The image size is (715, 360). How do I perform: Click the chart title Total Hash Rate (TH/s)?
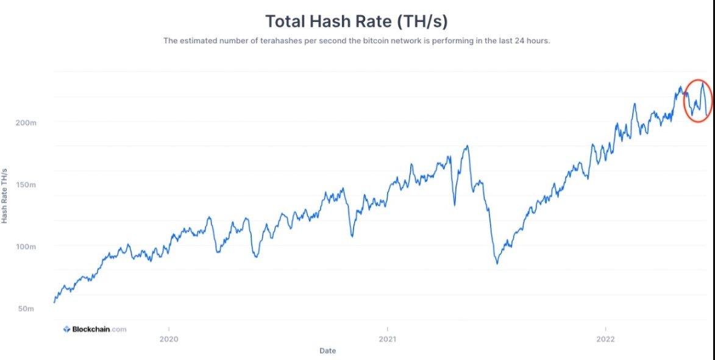pyautogui.click(x=357, y=21)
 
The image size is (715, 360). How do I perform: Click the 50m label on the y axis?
pyautogui.click(x=26, y=309)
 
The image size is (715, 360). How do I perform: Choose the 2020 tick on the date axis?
pyautogui.click(x=169, y=339)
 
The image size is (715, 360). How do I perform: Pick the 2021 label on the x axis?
pyautogui.click(x=387, y=339)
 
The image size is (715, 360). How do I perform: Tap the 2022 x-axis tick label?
pyautogui.click(x=605, y=339)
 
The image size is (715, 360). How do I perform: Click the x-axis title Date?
pyautogui.click(x=327, y=351)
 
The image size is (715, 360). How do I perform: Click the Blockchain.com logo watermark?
pyautogui.click(x=95, y=330)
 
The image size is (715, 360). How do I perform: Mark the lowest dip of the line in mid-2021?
pyautogui.click(x=497, y=264)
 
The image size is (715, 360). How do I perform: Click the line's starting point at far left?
pyautogui.click(x=54, y=302)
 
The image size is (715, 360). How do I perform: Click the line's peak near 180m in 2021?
pyautogui.click(x=468, y=146)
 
